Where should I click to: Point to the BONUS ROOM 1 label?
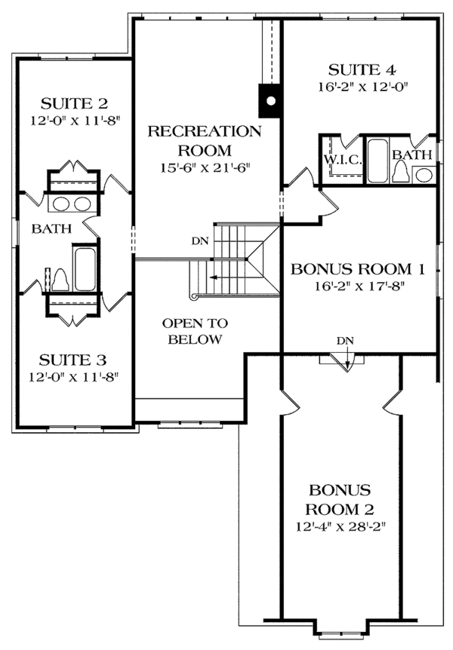coord(359,268)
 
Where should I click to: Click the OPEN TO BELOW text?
coord(195,331)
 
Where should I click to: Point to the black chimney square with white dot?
coord(270,100)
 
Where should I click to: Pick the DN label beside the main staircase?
coord(199,242)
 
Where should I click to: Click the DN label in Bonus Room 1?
coord(345,341)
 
